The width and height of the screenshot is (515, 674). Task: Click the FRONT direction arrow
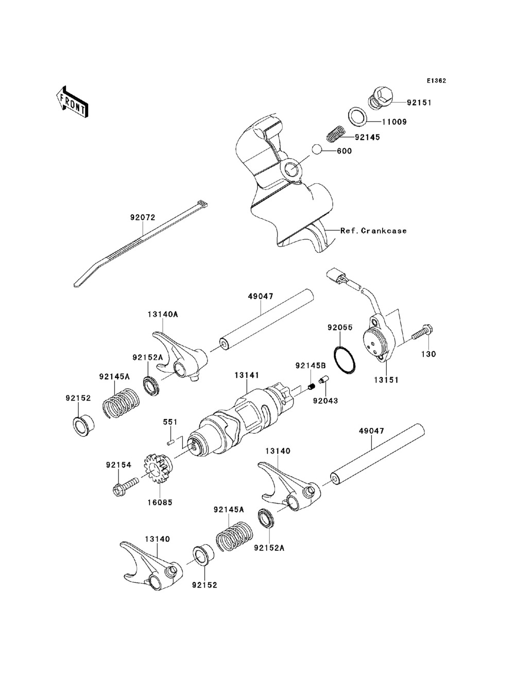point(72,100)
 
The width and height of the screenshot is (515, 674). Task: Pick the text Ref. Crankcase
point(373,230)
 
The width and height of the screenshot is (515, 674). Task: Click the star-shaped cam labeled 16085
point(158,469)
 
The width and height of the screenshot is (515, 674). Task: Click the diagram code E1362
point(436,81)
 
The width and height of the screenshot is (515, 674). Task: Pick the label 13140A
point(163,313)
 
